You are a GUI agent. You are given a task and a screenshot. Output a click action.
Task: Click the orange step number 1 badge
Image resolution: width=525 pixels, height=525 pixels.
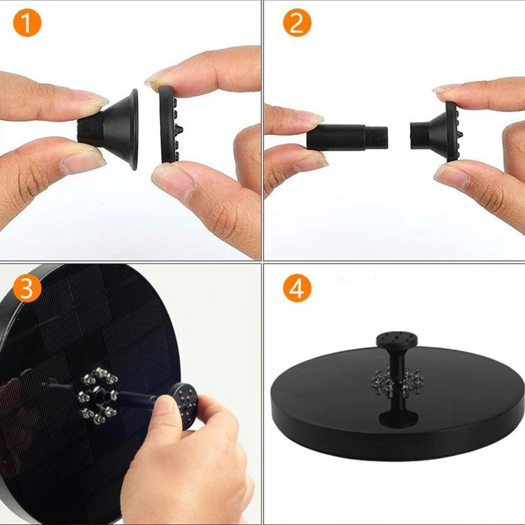[27, 24]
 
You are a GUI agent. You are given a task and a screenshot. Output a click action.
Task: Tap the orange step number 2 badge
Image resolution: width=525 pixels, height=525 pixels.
[297, 24]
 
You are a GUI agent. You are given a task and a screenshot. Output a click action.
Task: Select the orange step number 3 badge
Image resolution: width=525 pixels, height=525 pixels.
[27, 288]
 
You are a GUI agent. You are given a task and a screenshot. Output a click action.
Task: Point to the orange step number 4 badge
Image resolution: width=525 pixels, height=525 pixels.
[297, 288]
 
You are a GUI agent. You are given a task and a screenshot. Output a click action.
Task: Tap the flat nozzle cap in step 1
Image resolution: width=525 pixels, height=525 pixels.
[169, 124]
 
